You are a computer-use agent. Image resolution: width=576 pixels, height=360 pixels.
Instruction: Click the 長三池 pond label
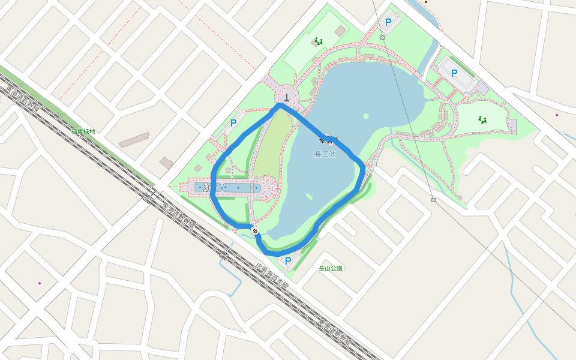click(325, 154)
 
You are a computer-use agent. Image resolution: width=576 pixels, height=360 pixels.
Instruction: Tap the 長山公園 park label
click(331, 268)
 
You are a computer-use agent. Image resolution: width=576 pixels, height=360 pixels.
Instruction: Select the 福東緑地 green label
click(83, 131)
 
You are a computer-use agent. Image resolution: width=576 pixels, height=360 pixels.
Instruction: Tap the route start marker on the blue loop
click(255, 230)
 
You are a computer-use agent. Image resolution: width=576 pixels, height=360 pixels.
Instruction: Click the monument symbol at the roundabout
click(287, 97)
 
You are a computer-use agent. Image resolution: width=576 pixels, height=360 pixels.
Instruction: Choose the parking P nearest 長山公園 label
click(288, 261)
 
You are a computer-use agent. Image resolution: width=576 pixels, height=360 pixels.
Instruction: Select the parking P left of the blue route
click(233, 124)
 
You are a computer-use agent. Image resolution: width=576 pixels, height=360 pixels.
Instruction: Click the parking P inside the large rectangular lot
click(454, 73)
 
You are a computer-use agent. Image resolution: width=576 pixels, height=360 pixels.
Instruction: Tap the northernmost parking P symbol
click(388, 22)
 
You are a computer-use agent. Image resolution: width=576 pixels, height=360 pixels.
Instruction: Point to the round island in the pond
click(365, 116)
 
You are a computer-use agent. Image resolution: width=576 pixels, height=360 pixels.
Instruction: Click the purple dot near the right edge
click(557, 115)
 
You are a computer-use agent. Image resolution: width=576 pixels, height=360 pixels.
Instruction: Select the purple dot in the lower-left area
click(40, 283)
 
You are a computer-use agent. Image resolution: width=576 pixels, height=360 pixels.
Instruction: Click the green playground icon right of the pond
click(482, 120)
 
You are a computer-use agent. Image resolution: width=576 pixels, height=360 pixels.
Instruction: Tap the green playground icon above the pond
click(319, 41)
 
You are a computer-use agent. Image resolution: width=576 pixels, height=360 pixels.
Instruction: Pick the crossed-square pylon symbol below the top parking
click(382, 37)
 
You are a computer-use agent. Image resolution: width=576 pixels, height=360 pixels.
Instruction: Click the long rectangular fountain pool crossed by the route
click(231, 188)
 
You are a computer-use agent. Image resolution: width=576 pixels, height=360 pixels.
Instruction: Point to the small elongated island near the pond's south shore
click(309, 196)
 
